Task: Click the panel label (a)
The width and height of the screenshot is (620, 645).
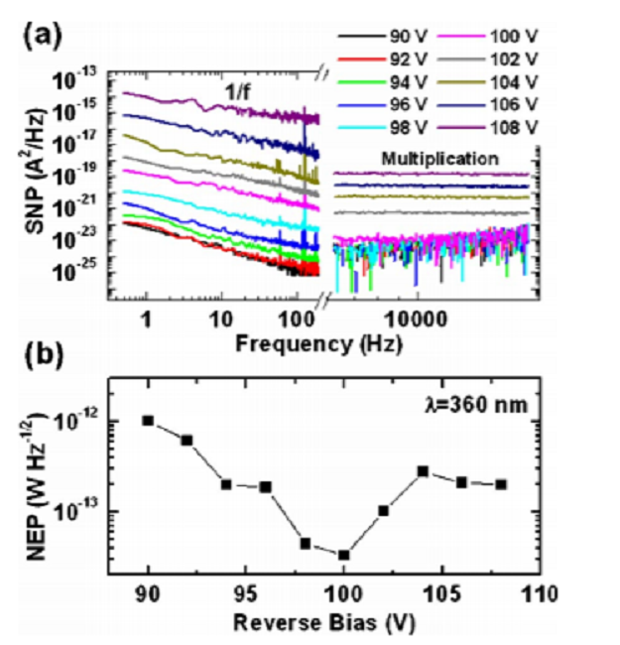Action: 45,41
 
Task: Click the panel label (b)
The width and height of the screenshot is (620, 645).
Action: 45,353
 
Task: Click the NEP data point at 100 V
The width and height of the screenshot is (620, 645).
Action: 343,555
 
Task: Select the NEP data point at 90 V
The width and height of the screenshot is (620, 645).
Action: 149,420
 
